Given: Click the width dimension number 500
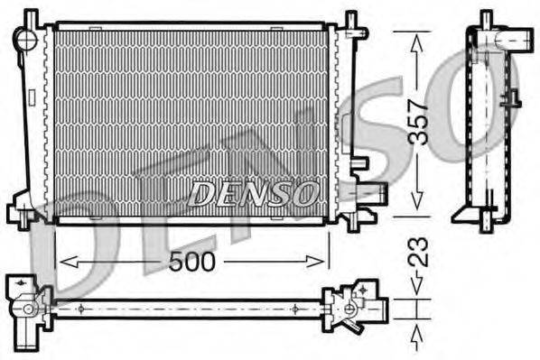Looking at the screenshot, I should (191, 262).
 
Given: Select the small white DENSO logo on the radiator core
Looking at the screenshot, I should (254, 193).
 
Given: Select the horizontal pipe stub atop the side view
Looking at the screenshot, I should (517, 39).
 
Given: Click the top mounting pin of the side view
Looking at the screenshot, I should (486, 18).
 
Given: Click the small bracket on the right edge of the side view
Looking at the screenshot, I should (512, 98).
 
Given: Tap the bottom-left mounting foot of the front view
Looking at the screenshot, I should (21, 215).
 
